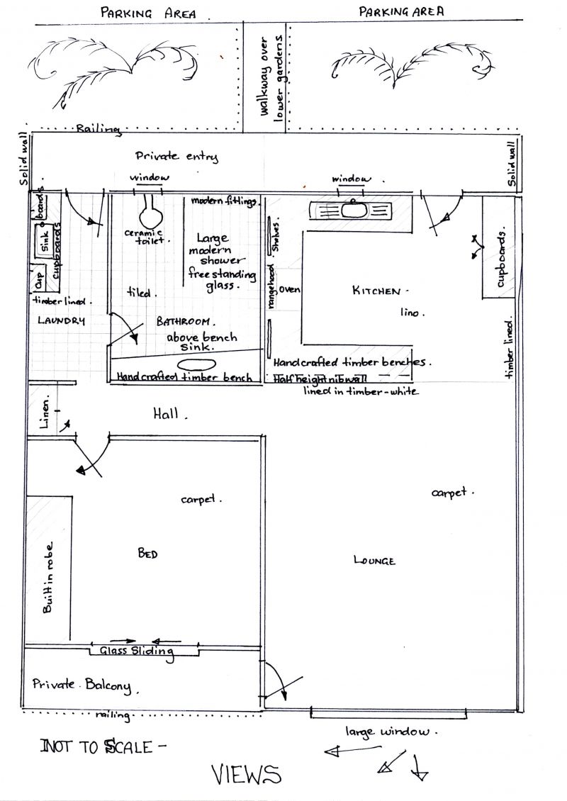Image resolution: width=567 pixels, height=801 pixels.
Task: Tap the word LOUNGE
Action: tap(374, 561)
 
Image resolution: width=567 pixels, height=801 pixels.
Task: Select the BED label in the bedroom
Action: tap(147, 554)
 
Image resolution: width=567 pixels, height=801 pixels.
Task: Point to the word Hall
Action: tap(169, 413)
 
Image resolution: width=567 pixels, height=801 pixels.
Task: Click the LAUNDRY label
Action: tap(61, 320)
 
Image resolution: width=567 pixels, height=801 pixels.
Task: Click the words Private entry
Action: tap(176, 157)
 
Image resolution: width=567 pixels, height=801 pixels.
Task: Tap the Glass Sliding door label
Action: tap(137, 651)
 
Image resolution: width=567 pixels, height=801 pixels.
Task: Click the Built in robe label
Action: tap(48, 584)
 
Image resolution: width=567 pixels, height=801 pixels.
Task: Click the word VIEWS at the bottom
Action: tap(246, 775)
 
